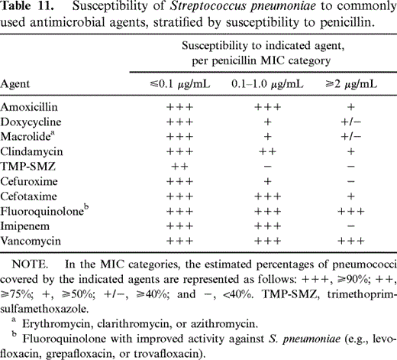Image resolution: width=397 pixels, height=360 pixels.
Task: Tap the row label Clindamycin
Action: coord(29,152)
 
